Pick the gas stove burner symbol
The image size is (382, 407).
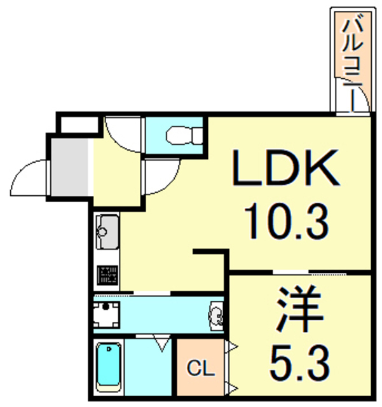106,275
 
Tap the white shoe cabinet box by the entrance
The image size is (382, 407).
78,123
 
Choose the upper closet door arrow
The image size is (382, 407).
232,347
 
